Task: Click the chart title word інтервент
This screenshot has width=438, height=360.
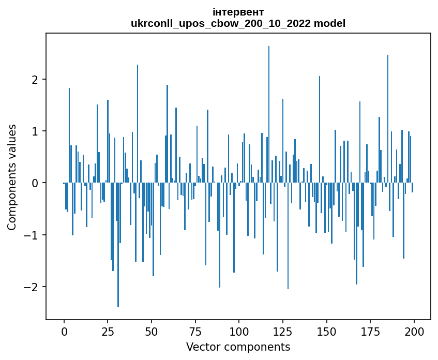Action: (238, 12)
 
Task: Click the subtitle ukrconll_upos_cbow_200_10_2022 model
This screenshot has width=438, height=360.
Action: (238, 23)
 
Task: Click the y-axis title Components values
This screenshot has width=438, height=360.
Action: (12, 177)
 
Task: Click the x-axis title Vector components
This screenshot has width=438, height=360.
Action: (238, 347)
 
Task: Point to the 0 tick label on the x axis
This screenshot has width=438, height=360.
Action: (64, 331)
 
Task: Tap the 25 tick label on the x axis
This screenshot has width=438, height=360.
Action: (108, 331)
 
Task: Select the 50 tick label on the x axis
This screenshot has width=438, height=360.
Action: (152, 331)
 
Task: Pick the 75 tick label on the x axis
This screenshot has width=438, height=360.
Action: (195, 331)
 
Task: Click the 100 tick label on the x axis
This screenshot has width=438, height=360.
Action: (239, 331)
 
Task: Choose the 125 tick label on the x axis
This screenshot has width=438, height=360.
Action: (283, 331)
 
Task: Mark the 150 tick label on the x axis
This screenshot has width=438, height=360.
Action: (326, 331)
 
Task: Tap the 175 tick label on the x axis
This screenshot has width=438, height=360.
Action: (370, 331)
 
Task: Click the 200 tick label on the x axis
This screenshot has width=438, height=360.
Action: (414, 331)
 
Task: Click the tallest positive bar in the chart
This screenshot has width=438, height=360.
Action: (269, 114)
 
